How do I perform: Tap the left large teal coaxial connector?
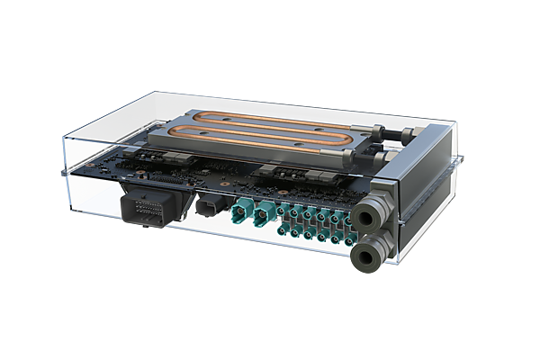point(242,213)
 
